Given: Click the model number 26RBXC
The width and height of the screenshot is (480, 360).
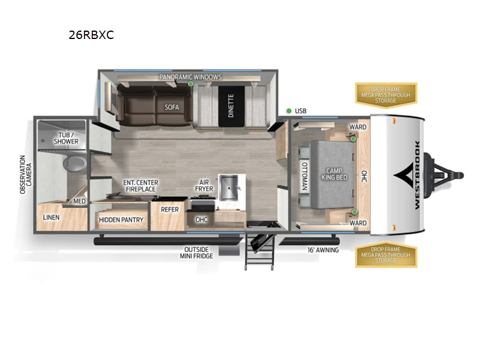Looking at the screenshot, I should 91,35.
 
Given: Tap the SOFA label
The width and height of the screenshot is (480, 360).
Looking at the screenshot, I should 172,107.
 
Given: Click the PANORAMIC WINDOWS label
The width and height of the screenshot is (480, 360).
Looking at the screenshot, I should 191,77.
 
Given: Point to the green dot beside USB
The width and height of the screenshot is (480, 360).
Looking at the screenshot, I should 289,111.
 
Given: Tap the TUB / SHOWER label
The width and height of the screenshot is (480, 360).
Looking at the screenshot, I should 68,138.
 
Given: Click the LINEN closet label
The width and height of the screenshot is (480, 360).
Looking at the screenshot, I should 51,217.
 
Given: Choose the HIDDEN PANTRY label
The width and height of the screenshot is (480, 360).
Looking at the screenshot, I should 121,220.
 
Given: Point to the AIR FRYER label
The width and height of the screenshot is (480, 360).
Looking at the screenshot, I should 203,185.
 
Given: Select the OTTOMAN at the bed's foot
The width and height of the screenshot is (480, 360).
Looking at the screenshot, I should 304,176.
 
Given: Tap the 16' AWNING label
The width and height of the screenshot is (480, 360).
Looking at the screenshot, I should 322,250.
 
